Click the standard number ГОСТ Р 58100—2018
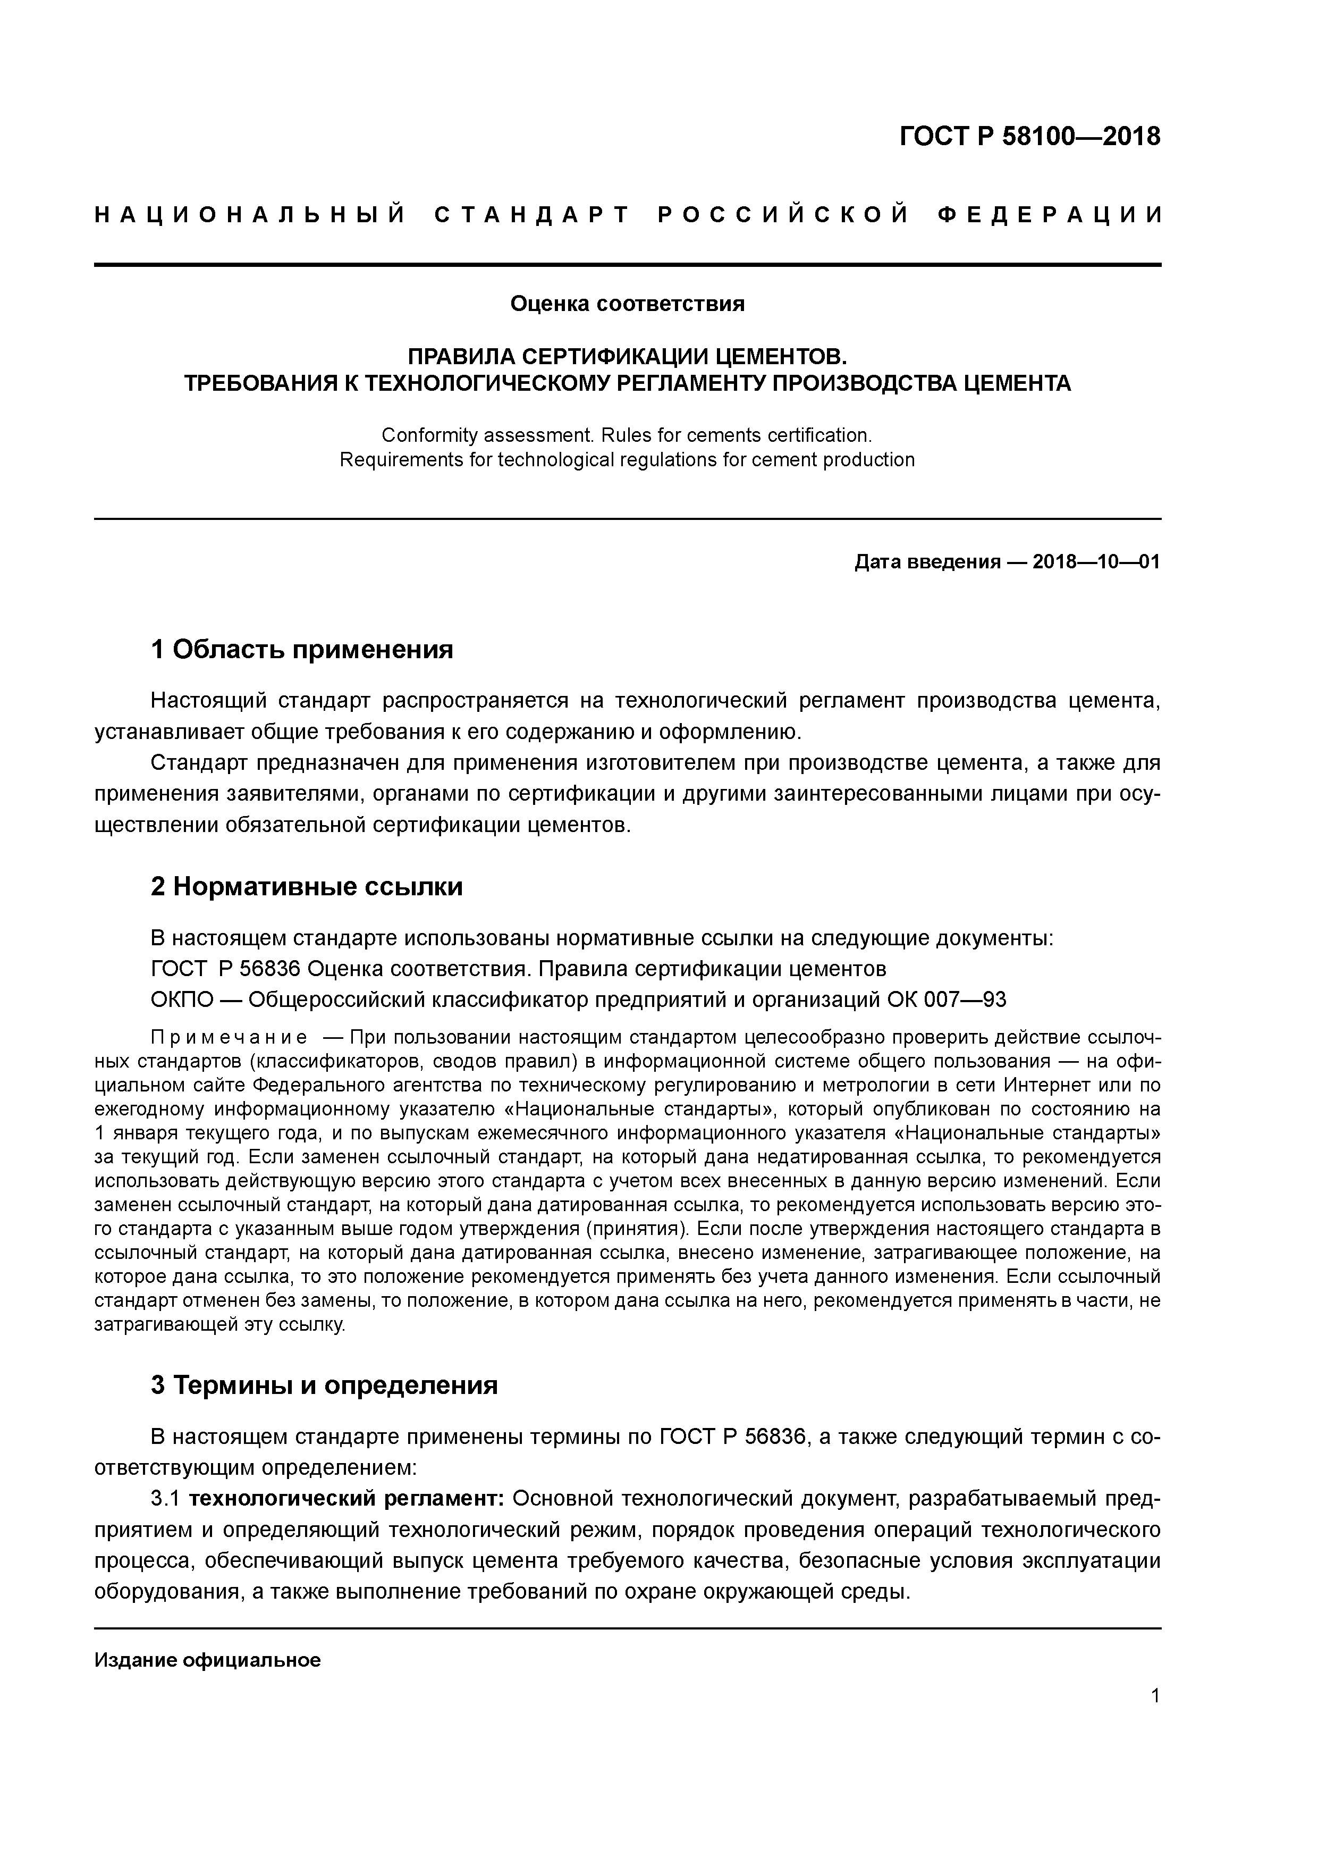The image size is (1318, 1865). [x=1030, y=137]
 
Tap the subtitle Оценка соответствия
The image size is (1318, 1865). [x=627, y=304]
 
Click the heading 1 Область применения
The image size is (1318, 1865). [x=301, y=650]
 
